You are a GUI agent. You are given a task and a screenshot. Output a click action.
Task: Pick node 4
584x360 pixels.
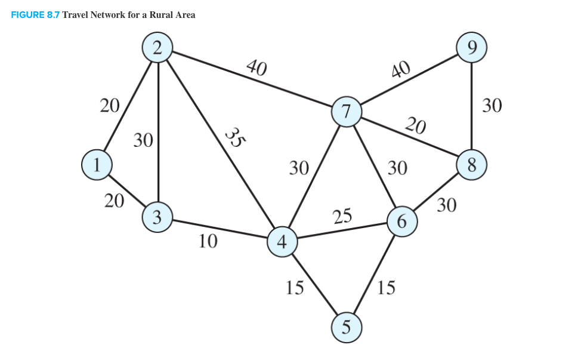[282, 242]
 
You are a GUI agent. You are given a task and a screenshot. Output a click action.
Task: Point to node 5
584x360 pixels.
[347, 328]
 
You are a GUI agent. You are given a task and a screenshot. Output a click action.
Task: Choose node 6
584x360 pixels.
[402, 221]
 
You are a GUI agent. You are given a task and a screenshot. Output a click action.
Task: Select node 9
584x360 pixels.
[471, 48]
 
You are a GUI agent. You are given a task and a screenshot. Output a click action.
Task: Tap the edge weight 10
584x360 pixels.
[208, 242]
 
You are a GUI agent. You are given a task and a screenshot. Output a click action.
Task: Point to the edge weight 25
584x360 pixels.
[342, 216]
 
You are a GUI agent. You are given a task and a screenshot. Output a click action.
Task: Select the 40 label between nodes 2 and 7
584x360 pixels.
[257, 67]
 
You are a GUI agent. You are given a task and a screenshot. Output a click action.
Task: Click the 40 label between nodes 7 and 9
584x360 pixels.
[401, 70]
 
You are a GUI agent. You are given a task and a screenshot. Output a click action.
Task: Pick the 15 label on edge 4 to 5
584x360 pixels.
[295, 288]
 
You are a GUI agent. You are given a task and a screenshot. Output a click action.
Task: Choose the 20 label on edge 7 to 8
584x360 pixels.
[415, 126]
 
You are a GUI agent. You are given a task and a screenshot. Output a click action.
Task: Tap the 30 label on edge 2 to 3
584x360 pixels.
[143, 140]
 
